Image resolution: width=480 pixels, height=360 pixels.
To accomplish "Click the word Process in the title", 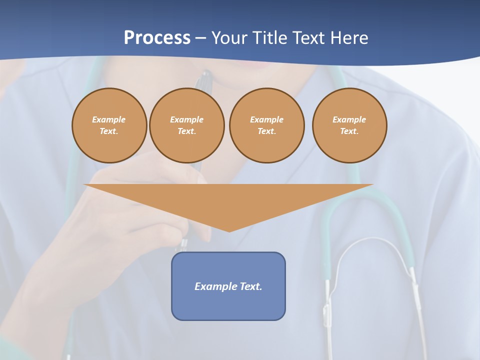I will pyautogui.click(x=157, y=38).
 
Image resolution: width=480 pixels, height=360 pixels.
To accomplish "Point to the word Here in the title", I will pyautogui.click(x=349, y=38).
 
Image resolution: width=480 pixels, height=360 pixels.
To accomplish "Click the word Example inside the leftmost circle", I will pyautogui.click(x=109, y=119).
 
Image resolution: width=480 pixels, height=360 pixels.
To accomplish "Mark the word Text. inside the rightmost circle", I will pyautogui.click(x=349, y=131).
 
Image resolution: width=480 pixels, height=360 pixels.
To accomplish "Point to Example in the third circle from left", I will pyautogui.click(x=266, y=119).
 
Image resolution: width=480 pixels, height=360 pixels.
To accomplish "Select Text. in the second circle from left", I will pyautogui.click(x=186, y=131).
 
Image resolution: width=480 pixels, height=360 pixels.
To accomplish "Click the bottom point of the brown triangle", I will pyautogui.click(x=229, y=230).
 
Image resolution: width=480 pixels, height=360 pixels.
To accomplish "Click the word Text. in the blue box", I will pyautogui.click(x=251, y=286).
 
